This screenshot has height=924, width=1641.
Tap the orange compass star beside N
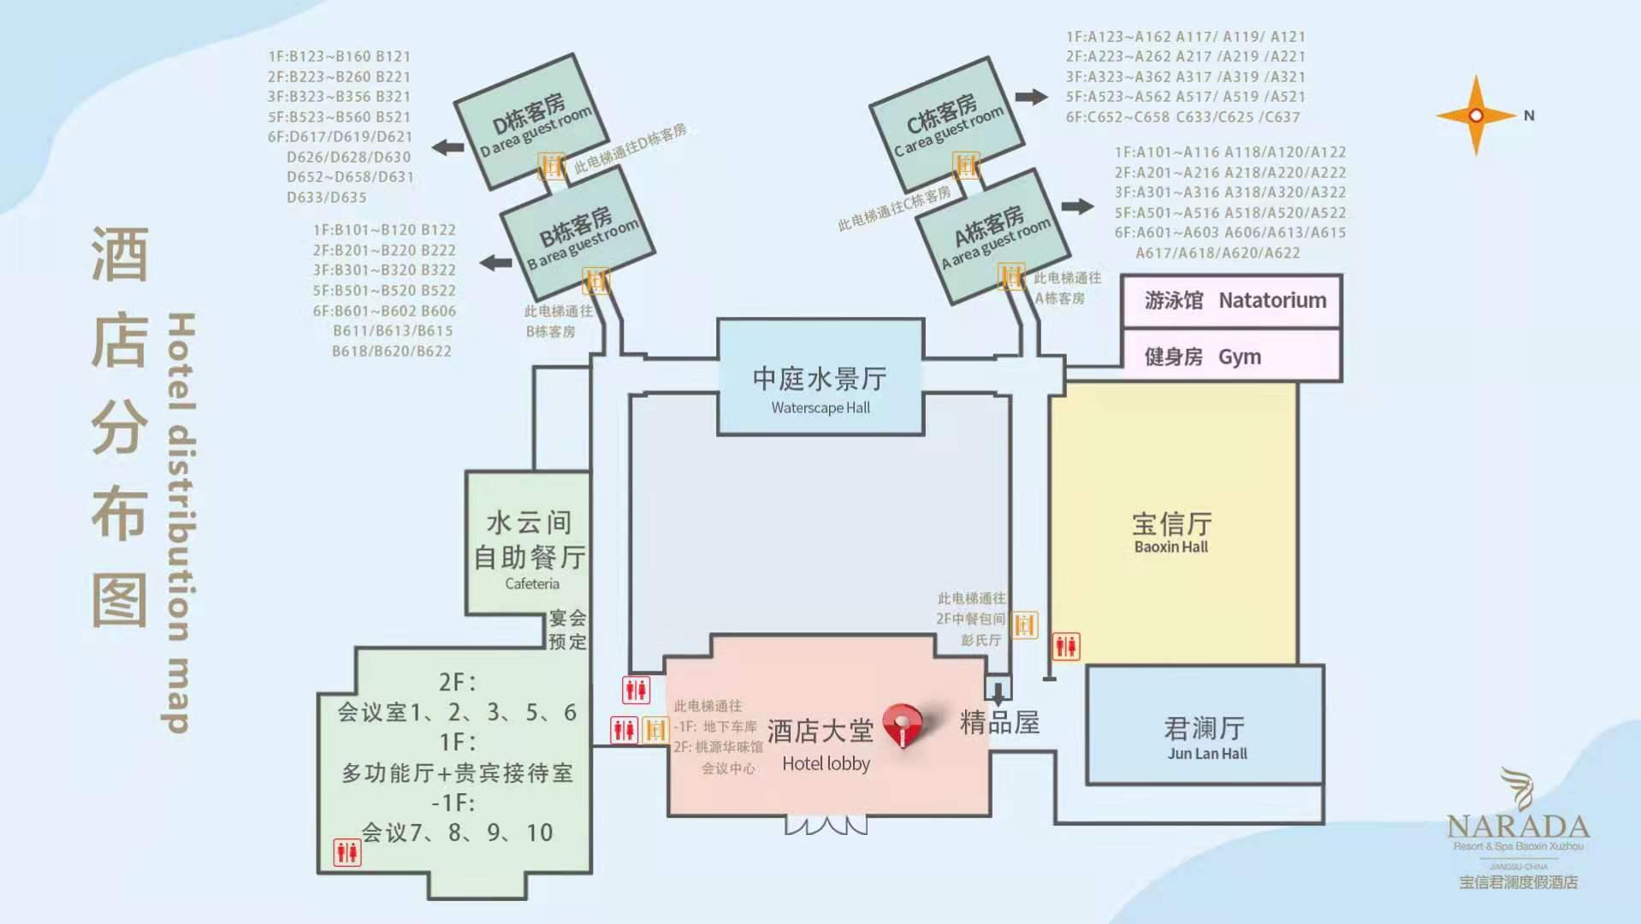(1475, 115)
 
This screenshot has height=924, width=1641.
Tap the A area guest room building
(992, 235)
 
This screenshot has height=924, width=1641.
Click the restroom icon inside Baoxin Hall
(1066, 646)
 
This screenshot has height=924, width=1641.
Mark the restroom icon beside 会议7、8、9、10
(347, 852)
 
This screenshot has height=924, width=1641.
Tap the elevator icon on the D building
(552, 165)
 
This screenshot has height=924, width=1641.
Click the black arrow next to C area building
(1031, 97)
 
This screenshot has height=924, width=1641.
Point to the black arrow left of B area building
(495, 262)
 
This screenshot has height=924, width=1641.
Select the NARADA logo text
(1518, 827)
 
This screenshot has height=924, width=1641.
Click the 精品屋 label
(999, 723)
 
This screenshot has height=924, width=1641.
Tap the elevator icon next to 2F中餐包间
(1024, 625)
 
